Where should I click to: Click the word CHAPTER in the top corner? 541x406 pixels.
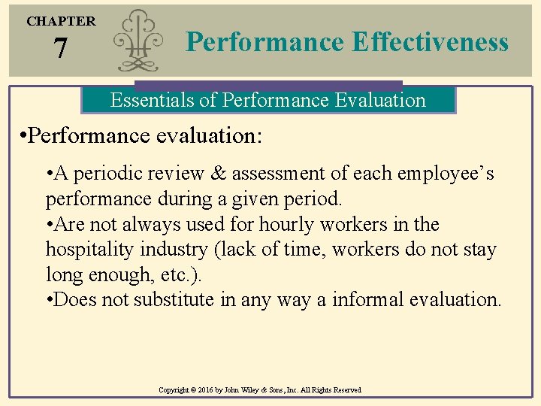point(61,21)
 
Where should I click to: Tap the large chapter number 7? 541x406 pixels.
point(61,50)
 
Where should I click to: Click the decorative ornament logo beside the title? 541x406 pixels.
point(140,42)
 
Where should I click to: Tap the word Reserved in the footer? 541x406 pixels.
point(345,390)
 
